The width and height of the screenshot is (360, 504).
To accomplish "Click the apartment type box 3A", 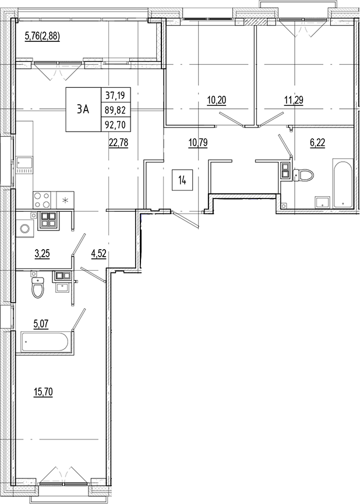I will (83, 109).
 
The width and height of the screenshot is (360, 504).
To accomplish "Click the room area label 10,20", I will (216, 100).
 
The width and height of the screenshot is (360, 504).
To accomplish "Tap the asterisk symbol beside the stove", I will (65, 201).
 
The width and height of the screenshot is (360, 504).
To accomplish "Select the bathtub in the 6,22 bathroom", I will (342, 182).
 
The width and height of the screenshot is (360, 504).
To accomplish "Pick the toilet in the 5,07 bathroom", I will (38, 286).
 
